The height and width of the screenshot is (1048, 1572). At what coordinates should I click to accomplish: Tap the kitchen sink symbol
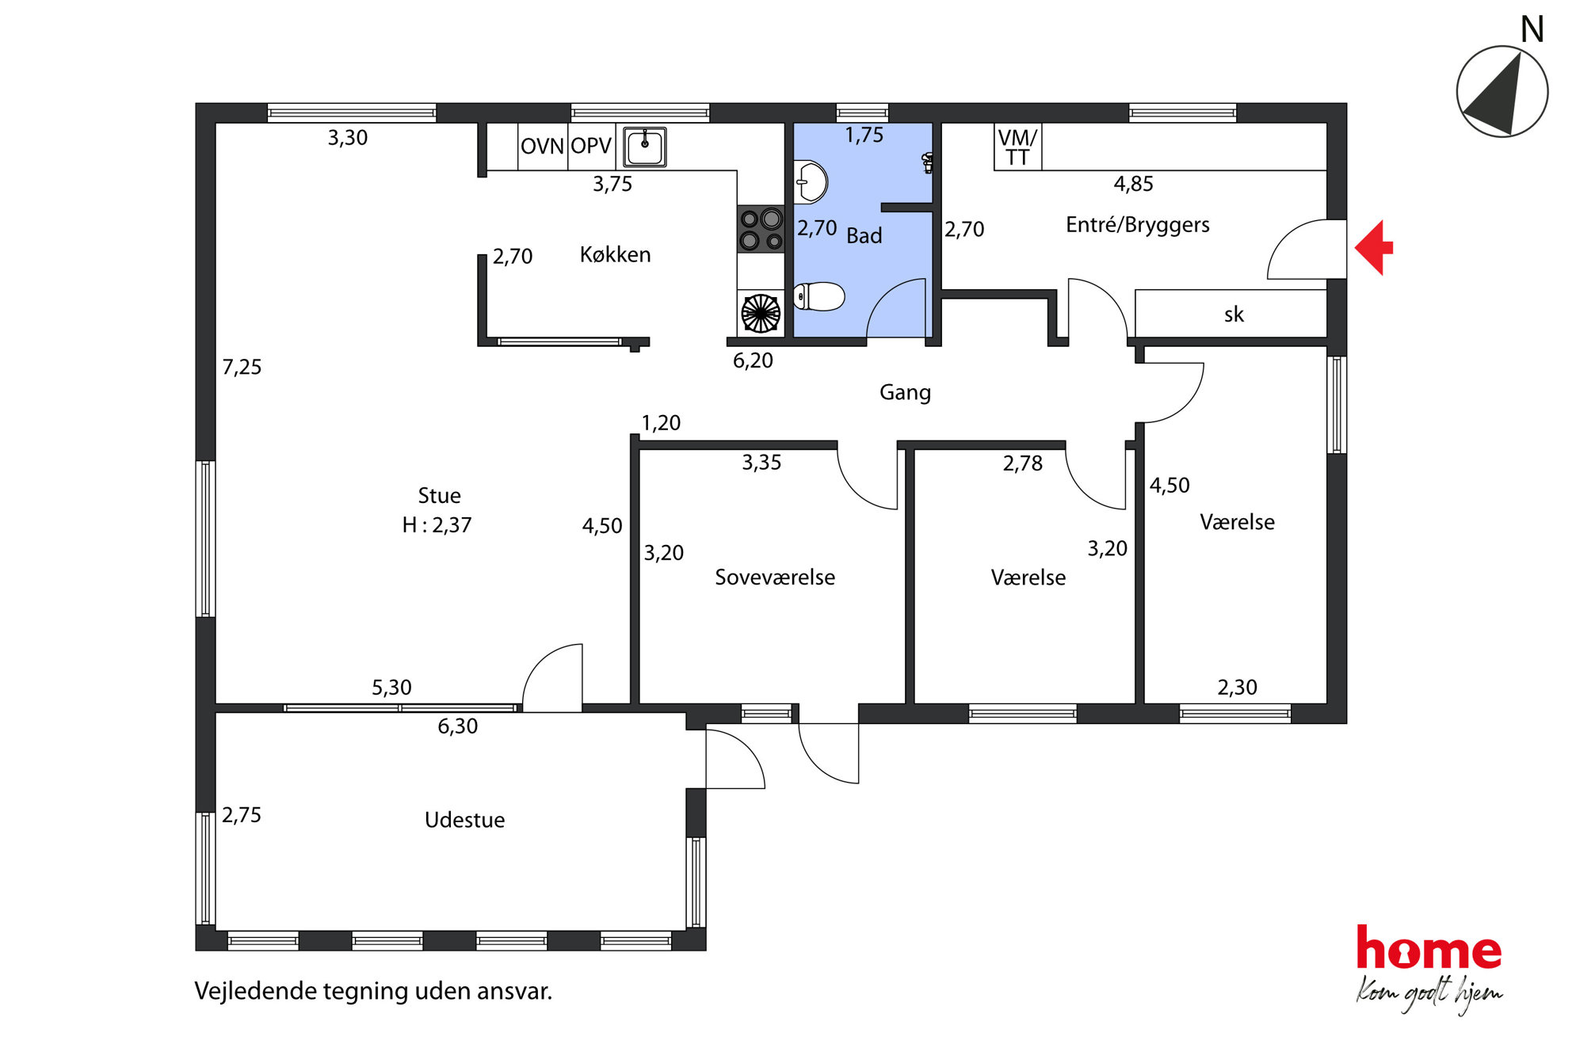click(645, 147)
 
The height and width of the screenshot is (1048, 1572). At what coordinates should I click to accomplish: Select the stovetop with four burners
click(761, 229)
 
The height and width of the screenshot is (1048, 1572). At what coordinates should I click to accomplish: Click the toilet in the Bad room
click(819, 297)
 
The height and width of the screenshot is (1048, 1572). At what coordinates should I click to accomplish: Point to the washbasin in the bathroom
click(811, 182)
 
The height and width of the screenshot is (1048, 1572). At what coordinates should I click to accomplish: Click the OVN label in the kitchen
click(542, 147)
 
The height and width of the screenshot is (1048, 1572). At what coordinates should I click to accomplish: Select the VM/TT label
click(1017, 147)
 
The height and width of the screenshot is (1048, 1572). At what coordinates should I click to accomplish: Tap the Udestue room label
click(464, 820)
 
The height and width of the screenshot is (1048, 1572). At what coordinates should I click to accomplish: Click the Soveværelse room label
click(775, 577)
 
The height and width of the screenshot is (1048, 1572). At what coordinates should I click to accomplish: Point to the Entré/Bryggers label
click(1138, 226)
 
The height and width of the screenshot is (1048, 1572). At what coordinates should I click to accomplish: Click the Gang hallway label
click(905, 393)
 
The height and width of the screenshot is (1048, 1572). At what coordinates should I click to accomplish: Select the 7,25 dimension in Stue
click(242, 368)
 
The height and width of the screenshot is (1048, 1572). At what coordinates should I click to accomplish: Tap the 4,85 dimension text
click(1134, 185)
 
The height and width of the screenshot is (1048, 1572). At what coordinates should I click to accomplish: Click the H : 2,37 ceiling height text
click(437, 525)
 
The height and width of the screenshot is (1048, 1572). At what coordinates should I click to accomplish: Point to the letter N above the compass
click(1532, 30)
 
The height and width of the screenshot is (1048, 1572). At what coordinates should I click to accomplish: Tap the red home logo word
click(1429, 948)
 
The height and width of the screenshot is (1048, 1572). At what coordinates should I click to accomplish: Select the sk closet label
click(1234, 315)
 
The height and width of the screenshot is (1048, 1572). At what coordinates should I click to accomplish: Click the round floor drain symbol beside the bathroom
click(761, 313)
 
